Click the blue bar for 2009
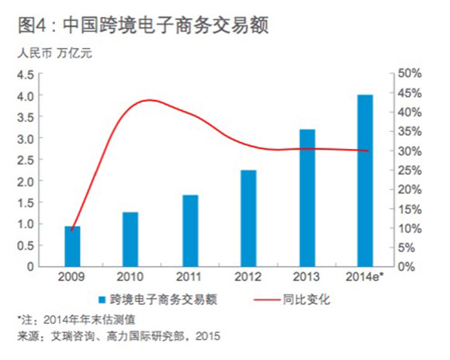(72, 246)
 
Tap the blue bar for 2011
(190, 230)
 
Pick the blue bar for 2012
(248, 218)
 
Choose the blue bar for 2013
(306, 198)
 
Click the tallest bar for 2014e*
(365, 180)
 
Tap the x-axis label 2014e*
(365, 276)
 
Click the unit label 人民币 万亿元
(50, 54)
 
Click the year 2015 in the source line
(209, 335)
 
